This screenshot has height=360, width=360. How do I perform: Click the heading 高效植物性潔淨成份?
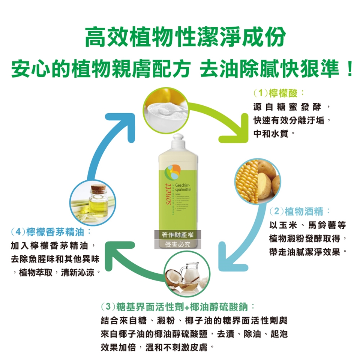click(x=180, y=37)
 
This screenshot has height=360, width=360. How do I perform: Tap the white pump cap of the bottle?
click(x=180, y=140)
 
